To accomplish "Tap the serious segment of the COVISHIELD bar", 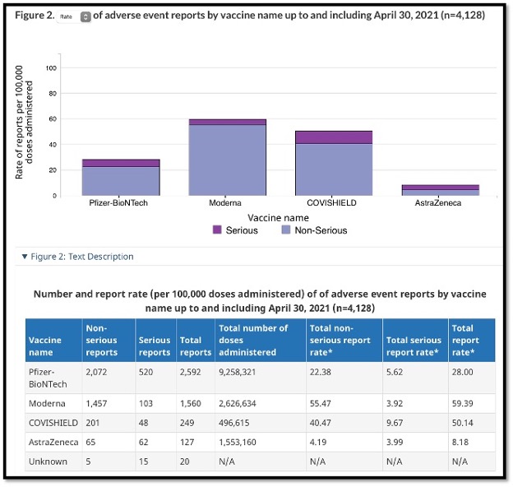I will coord(333,137).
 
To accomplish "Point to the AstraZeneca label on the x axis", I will coord(440,202).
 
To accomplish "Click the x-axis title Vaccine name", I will coord(280,218).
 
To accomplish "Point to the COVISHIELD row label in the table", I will coord(54,423).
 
